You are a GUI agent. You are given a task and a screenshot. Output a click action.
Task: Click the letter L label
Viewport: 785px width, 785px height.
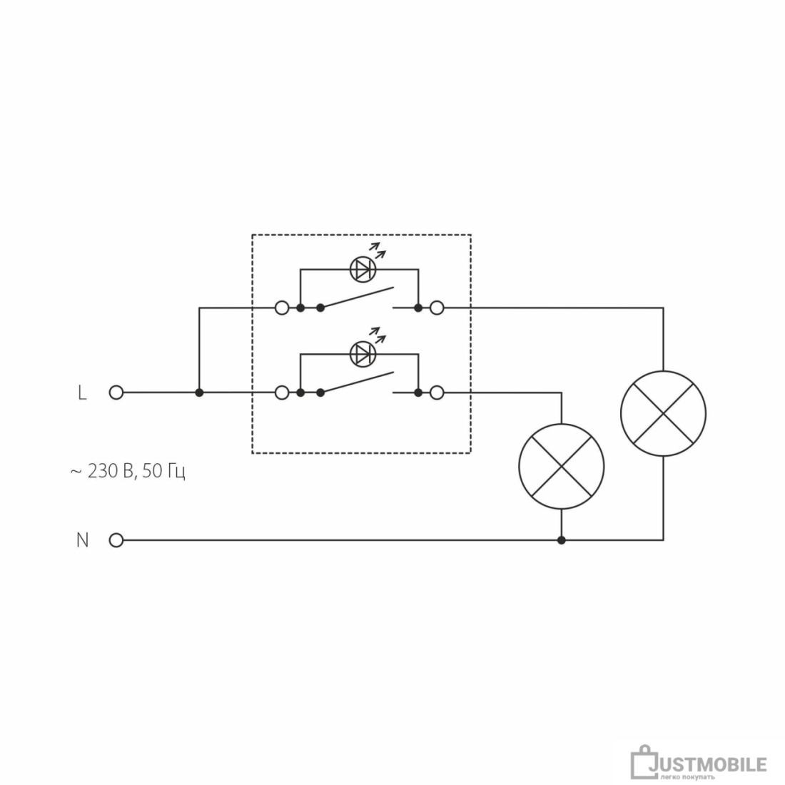[82, 393]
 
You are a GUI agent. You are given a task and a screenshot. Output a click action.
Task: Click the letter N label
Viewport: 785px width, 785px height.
[82, 540]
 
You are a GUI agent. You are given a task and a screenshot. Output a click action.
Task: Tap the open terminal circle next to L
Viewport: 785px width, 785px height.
[116, 392]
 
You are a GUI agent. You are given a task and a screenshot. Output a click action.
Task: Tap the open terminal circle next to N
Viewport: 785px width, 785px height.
[116, 540]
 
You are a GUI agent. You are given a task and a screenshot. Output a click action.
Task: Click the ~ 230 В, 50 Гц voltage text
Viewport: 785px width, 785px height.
[128, 472]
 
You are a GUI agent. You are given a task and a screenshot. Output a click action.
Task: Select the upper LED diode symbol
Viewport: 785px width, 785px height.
[363, 269]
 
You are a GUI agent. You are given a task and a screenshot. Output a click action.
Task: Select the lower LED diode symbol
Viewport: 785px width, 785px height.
[363, 354]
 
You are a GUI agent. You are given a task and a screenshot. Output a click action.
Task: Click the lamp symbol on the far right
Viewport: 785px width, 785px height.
[664, 413]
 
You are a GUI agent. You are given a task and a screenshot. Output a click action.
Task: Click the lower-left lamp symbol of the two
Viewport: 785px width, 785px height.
[561, 467]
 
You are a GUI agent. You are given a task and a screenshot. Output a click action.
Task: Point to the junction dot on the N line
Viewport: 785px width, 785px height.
[561, 540]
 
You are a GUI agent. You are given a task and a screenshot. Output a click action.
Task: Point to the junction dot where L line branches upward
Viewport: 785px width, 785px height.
[199, 392]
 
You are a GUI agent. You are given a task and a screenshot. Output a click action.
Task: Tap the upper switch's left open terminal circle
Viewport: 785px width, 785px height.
[283, 308]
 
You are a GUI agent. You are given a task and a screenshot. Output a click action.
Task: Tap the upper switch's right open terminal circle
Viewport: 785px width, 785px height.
[437, 308]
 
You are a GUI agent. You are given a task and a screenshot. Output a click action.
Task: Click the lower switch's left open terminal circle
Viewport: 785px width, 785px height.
[283, 392]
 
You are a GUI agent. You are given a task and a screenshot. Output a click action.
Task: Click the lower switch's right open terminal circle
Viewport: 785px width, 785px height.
[437, 392]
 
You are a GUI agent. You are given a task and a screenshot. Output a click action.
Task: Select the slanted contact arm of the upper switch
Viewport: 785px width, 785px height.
[358, 298]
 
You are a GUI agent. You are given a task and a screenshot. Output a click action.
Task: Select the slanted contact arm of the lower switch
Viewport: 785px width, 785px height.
[358, 382]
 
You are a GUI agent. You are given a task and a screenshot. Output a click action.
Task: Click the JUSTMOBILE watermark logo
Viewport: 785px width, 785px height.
[699, 763]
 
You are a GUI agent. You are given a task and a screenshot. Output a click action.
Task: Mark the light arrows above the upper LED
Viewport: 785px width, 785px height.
[378, 250]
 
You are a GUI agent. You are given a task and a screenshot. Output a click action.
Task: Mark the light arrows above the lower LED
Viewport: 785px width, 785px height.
[378, 335]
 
